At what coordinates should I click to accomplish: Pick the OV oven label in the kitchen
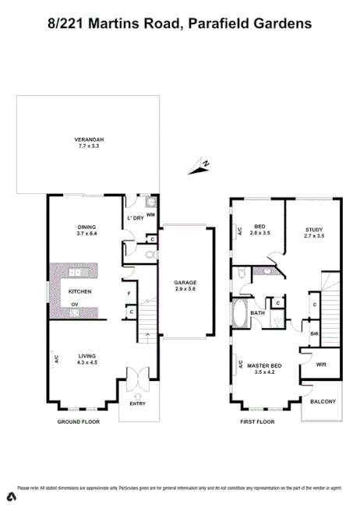coord(75,305)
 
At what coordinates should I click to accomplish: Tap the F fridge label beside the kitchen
coord(129,294)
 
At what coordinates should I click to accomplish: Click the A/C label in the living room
coord(57,359)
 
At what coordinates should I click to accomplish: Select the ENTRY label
coord(138,404)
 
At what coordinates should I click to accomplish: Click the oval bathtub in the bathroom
coord(239,316)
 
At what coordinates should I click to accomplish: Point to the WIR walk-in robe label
coord(321,364)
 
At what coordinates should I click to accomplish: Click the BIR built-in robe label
coord(314,333)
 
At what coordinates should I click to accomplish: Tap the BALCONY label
coord(323,401)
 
